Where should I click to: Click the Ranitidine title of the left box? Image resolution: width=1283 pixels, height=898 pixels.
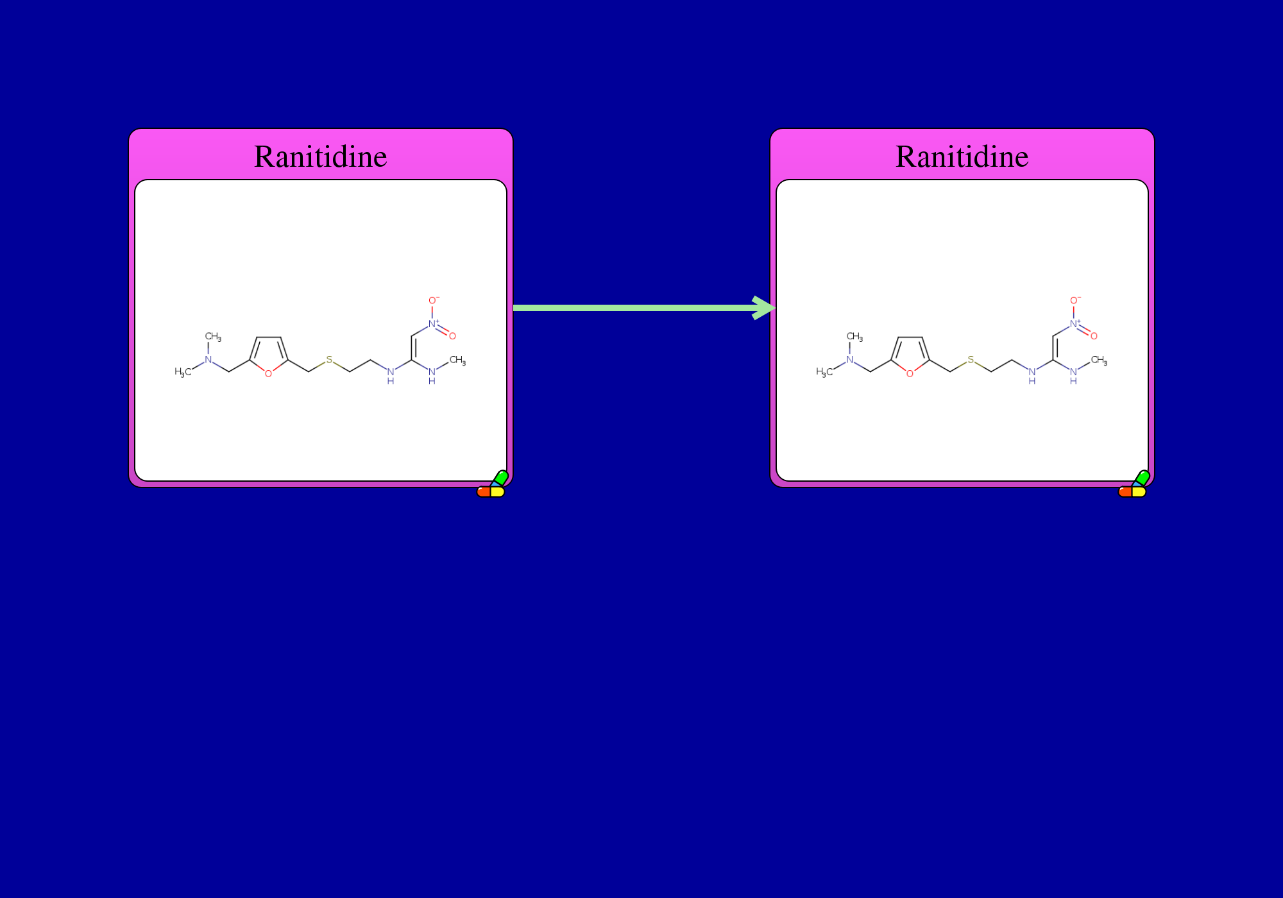point(321,157)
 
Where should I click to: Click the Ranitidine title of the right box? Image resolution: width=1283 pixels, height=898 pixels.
point(962,157)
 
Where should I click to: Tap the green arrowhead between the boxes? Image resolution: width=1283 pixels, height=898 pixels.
point(764,308)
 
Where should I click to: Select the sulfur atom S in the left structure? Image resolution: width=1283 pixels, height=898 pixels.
point(329,360)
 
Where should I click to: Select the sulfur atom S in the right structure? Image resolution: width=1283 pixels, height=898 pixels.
point(971,360)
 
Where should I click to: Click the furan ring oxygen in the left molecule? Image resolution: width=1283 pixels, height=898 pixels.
point(268,373)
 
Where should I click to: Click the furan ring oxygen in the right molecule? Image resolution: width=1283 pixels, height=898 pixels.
point(910,373)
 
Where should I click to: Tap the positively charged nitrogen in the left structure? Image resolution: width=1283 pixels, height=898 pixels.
point(433,324)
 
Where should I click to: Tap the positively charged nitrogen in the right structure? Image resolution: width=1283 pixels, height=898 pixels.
point(1075,324)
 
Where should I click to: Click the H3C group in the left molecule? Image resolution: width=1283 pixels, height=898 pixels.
point(183,372)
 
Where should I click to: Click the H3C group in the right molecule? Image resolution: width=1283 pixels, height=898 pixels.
point(824,372)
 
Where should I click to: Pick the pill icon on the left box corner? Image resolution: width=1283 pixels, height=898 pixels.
point(493,485)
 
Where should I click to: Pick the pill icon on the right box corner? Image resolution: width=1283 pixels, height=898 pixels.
point(1134,485)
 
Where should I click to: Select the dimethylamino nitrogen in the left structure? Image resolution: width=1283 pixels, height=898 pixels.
point(208,360)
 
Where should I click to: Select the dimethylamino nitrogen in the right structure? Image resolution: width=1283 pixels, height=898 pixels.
point(849,360)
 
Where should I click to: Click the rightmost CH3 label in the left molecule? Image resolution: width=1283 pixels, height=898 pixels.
point(457,360)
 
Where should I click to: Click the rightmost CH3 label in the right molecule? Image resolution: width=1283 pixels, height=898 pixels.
point(1099,360)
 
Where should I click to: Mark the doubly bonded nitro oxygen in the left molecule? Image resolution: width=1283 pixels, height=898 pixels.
point(452,336)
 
